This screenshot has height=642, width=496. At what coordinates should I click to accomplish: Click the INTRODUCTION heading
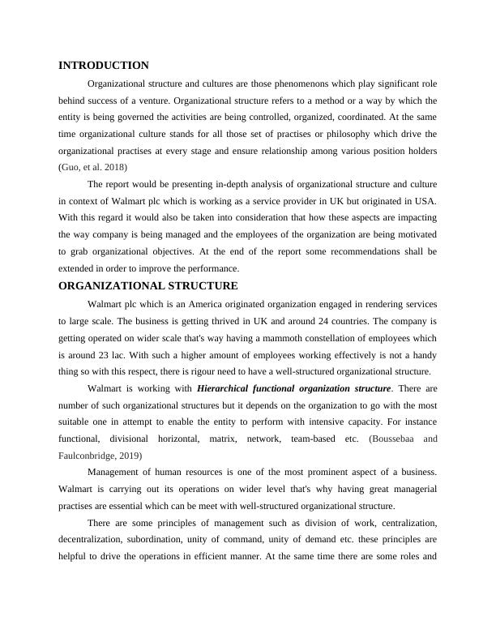[104, 66]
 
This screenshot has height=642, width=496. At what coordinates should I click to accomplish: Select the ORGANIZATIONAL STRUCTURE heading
[148, 286]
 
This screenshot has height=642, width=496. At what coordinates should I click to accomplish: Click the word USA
[424, 200]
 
